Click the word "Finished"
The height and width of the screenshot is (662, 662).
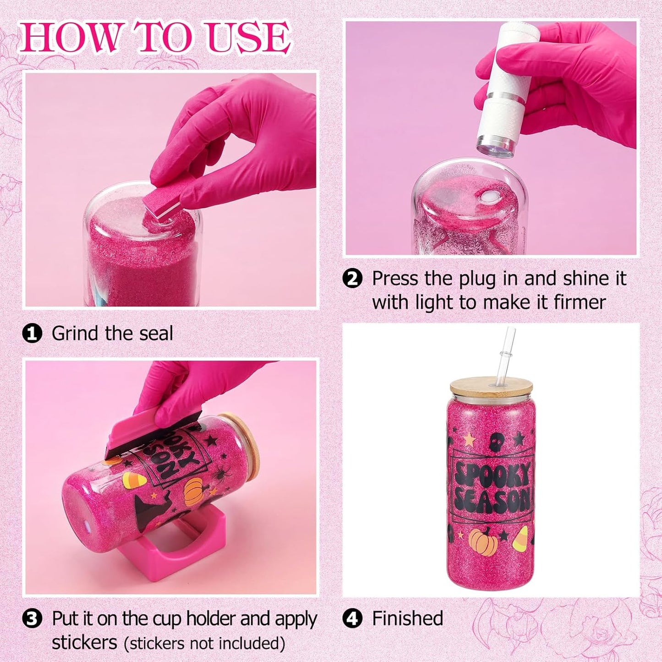(x=408, y=609)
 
